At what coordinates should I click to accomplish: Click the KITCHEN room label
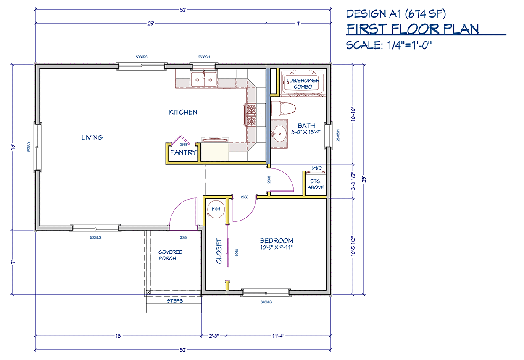coord(183,112)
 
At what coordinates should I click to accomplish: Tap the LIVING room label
coord(92,137)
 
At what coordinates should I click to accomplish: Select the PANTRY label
coord(183,152)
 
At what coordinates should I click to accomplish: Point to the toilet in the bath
coord(283,108)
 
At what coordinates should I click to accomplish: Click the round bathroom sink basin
coord(279,134)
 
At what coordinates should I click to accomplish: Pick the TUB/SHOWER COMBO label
coord(303,84)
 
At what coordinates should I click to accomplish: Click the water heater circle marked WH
coord(216,209)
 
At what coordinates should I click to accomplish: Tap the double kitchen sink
coord(204,79)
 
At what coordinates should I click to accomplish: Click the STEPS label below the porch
coord(175,301)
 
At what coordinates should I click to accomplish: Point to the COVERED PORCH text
coord(170,255)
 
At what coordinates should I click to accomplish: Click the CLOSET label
coord(219,251)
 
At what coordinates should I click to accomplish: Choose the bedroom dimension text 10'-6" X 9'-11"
coord(276,247)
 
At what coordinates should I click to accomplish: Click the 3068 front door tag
coord(184,238)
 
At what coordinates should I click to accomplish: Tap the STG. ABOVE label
coord(316,184)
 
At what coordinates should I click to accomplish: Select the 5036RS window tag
coord(142,57)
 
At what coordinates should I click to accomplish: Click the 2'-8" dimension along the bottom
coord(214,336)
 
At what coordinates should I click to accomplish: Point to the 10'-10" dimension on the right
coord(353,114)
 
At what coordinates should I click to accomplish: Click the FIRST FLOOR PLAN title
coord(413,29)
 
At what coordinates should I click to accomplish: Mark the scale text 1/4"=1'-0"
coord(409,45)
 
